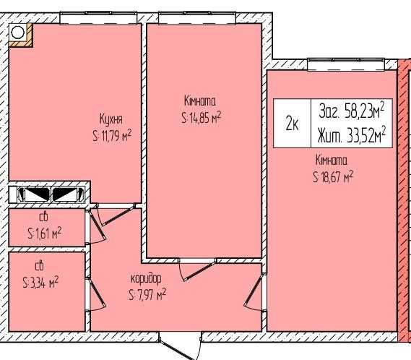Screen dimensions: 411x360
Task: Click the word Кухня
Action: tap(111, 120)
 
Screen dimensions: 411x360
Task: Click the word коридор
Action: tap(146, 279)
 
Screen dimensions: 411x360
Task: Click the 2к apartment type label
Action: tap(292, 123)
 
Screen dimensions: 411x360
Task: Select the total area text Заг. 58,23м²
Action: tap(352, 110)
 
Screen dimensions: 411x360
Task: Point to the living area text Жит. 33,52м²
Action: tap(352, 136)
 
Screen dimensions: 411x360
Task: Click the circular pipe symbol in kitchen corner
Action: tap(18, 33)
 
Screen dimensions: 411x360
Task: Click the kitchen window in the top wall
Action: tap(98, 18)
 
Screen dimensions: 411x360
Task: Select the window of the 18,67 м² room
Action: tap(346, 64)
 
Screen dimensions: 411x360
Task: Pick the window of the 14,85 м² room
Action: tap(197, 18)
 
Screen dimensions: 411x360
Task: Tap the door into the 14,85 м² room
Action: tap(197, 269)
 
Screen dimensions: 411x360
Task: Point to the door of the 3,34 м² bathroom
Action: tap(97, 295)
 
